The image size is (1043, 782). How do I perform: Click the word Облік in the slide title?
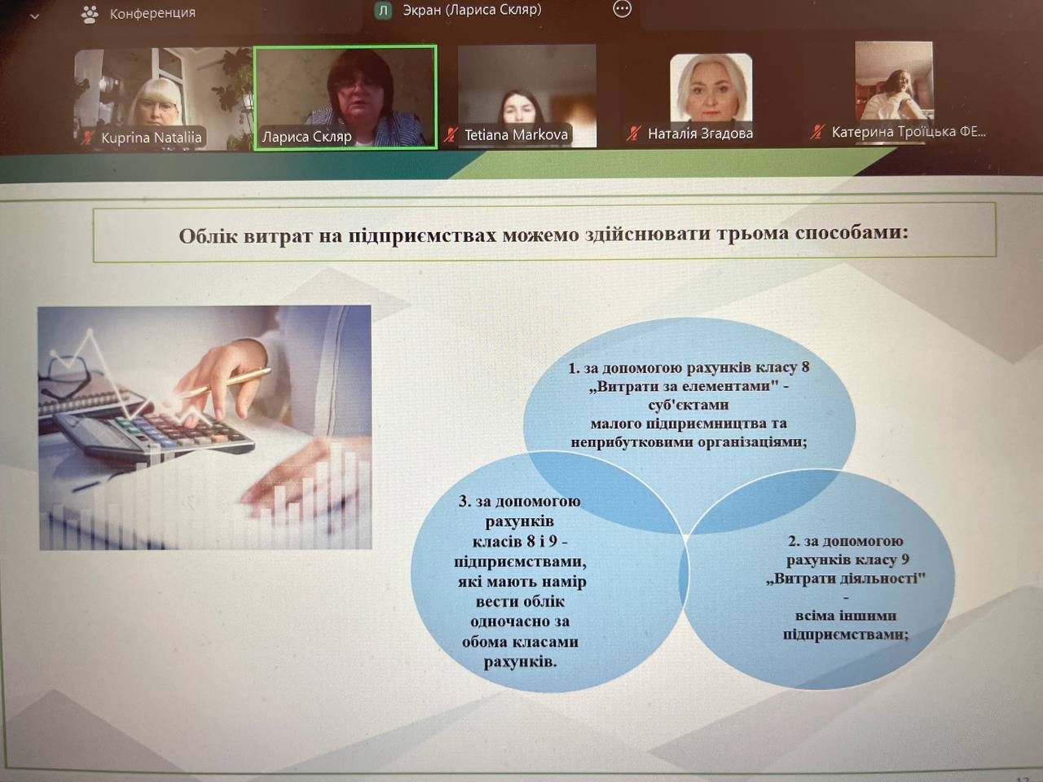[208, 236]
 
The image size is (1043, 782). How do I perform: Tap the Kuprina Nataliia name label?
[152, 138]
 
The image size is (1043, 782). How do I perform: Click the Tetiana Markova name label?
[516, 135]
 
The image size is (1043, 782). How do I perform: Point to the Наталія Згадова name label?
[700, 134]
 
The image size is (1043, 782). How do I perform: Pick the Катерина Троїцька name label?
[909, 131]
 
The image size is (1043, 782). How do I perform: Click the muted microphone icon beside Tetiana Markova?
[451, 135]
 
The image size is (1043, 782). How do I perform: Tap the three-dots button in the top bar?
[622, 9]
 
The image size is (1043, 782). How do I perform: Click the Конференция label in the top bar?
[152, 13]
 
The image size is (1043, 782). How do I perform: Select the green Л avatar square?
[383, 11]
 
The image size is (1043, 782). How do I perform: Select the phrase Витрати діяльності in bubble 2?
[847, 579]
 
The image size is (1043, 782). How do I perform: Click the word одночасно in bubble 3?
[520, 622]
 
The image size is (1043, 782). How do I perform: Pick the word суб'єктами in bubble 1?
[689, 405]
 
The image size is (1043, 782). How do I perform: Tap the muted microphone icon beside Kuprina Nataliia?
[87, 138]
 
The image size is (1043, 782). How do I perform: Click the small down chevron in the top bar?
[34, 17]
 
